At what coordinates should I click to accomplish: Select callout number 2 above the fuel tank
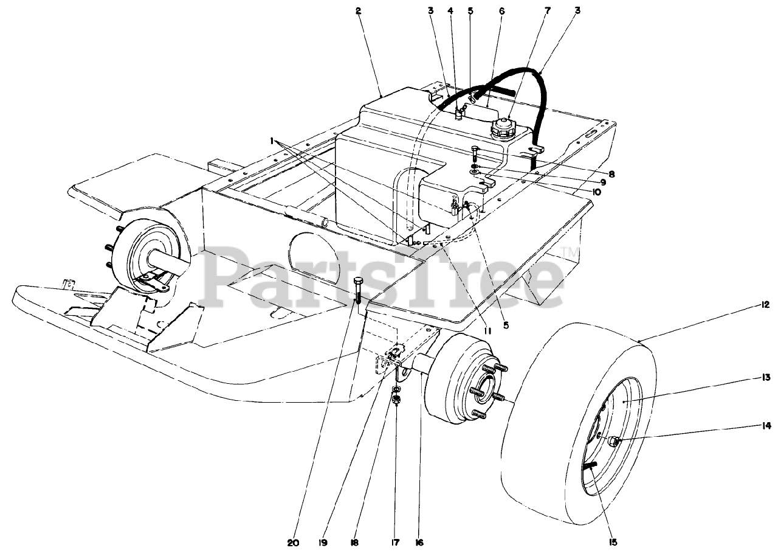pos(359,11)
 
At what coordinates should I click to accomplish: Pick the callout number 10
pos(594,192)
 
